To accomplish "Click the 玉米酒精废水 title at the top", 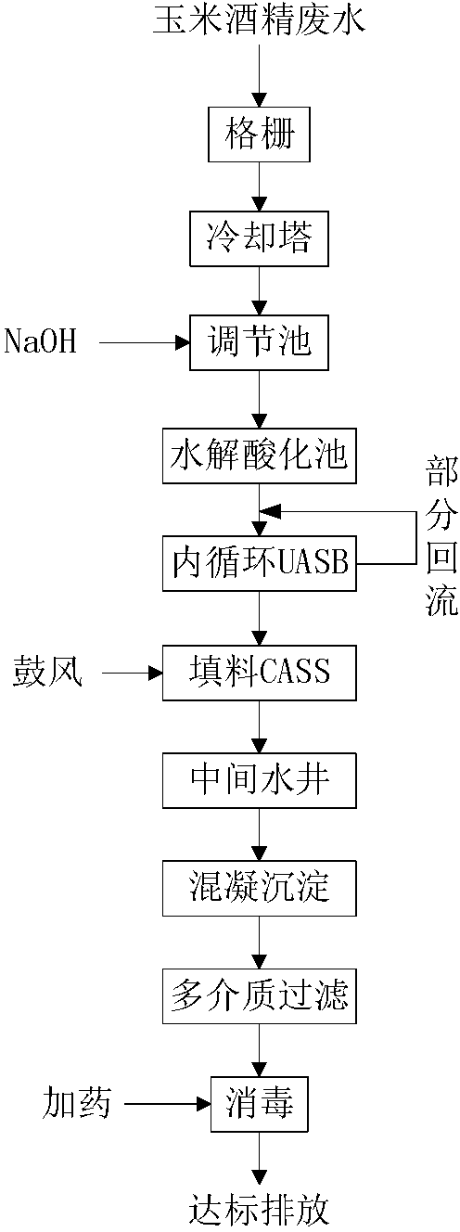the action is pos(259,22).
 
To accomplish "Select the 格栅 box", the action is pos(259,135).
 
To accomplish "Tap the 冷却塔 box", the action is pos(259,238).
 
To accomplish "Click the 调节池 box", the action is pos(259,342).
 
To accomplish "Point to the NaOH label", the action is pos(40,341).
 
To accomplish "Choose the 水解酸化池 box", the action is pos(259,456).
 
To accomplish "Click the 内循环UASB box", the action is pos(259,563).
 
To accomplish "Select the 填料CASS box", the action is pos(259,672).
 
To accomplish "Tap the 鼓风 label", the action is pos(48,672).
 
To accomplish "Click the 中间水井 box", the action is pos(259,780).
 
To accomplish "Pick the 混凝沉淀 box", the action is pos(259,888).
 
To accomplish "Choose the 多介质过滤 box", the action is pos(259,995).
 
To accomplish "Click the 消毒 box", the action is pos(259,1104).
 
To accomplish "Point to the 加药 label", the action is pos(77,1103).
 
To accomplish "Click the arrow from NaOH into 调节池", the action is pos(145,342).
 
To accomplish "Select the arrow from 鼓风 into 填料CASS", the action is pos(133,672).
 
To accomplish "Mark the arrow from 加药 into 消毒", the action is pos(168,1103).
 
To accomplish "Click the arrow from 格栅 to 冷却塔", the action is pos(260,186).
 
